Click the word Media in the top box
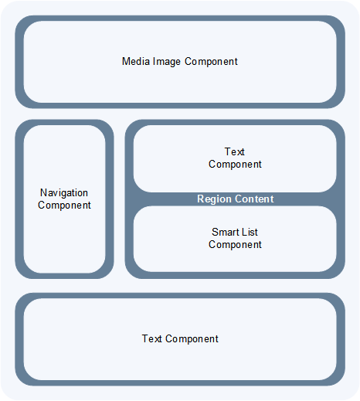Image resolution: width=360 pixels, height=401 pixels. point(135,61)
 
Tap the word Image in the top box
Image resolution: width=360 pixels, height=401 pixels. point(166,61)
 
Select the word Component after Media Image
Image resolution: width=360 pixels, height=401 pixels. point(210,61)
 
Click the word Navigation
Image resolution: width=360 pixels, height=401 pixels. point(64,193)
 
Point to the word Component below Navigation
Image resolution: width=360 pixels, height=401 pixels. point(64,206)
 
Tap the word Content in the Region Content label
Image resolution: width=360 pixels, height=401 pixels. point(255,199)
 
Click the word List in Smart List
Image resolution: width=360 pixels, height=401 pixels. point(250,233)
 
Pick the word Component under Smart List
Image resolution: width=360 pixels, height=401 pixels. point(235,245)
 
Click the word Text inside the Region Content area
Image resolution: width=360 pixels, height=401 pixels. point(235,152)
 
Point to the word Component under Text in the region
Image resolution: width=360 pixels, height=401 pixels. point(235,165)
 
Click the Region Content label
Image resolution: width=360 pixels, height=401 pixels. point(235,199)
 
